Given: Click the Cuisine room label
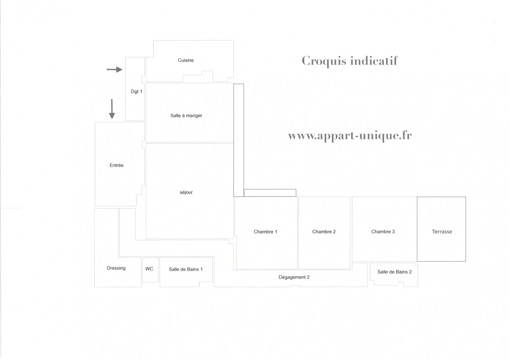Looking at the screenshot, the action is pyautogui.click(x=186, y=60).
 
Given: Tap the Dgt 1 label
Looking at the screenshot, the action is pyautogui.click(x=136, y=91).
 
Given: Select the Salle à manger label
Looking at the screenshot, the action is pyautogui.click(x=186, y=116).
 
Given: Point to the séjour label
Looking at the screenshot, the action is pyautogui.click(x=186, y=192).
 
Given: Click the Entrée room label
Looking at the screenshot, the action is pyautogui.click(x=117, y=165).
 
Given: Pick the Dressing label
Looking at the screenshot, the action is pyautogui.click(x=116, y=268).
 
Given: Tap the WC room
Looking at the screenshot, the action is pyautogui.click(x=149, y=269).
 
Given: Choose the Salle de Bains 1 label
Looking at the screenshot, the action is pyautogui.click(x=186, y=270).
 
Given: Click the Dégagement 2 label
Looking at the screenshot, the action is pyautogui.click(x=294, y=277).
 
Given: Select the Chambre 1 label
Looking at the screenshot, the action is pyautogui.click(x=265, y=232).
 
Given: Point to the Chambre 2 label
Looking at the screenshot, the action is pyautogui.click(x=324, y=232).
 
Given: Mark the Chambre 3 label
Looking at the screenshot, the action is pyautogui.click(x=383, y=232).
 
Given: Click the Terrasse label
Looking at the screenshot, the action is pyautogui.click(x=442, y=232).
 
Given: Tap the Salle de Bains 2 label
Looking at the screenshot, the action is pyautogui.click(x=394, y=272).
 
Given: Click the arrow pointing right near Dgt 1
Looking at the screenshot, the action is pyautogui.click(x=114, y=69).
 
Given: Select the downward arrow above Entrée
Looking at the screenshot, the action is pyautogui.click(x=112, y=109).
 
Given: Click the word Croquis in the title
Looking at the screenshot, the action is pyautogui.click(x=324, y=61).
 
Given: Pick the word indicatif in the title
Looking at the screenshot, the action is pyautogui.click(x=374, y=61).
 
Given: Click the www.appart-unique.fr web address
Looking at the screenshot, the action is pyautogui.click(x=350, y=136).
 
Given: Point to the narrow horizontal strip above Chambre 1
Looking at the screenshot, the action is pyautogui.click(x=270, y=193).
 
